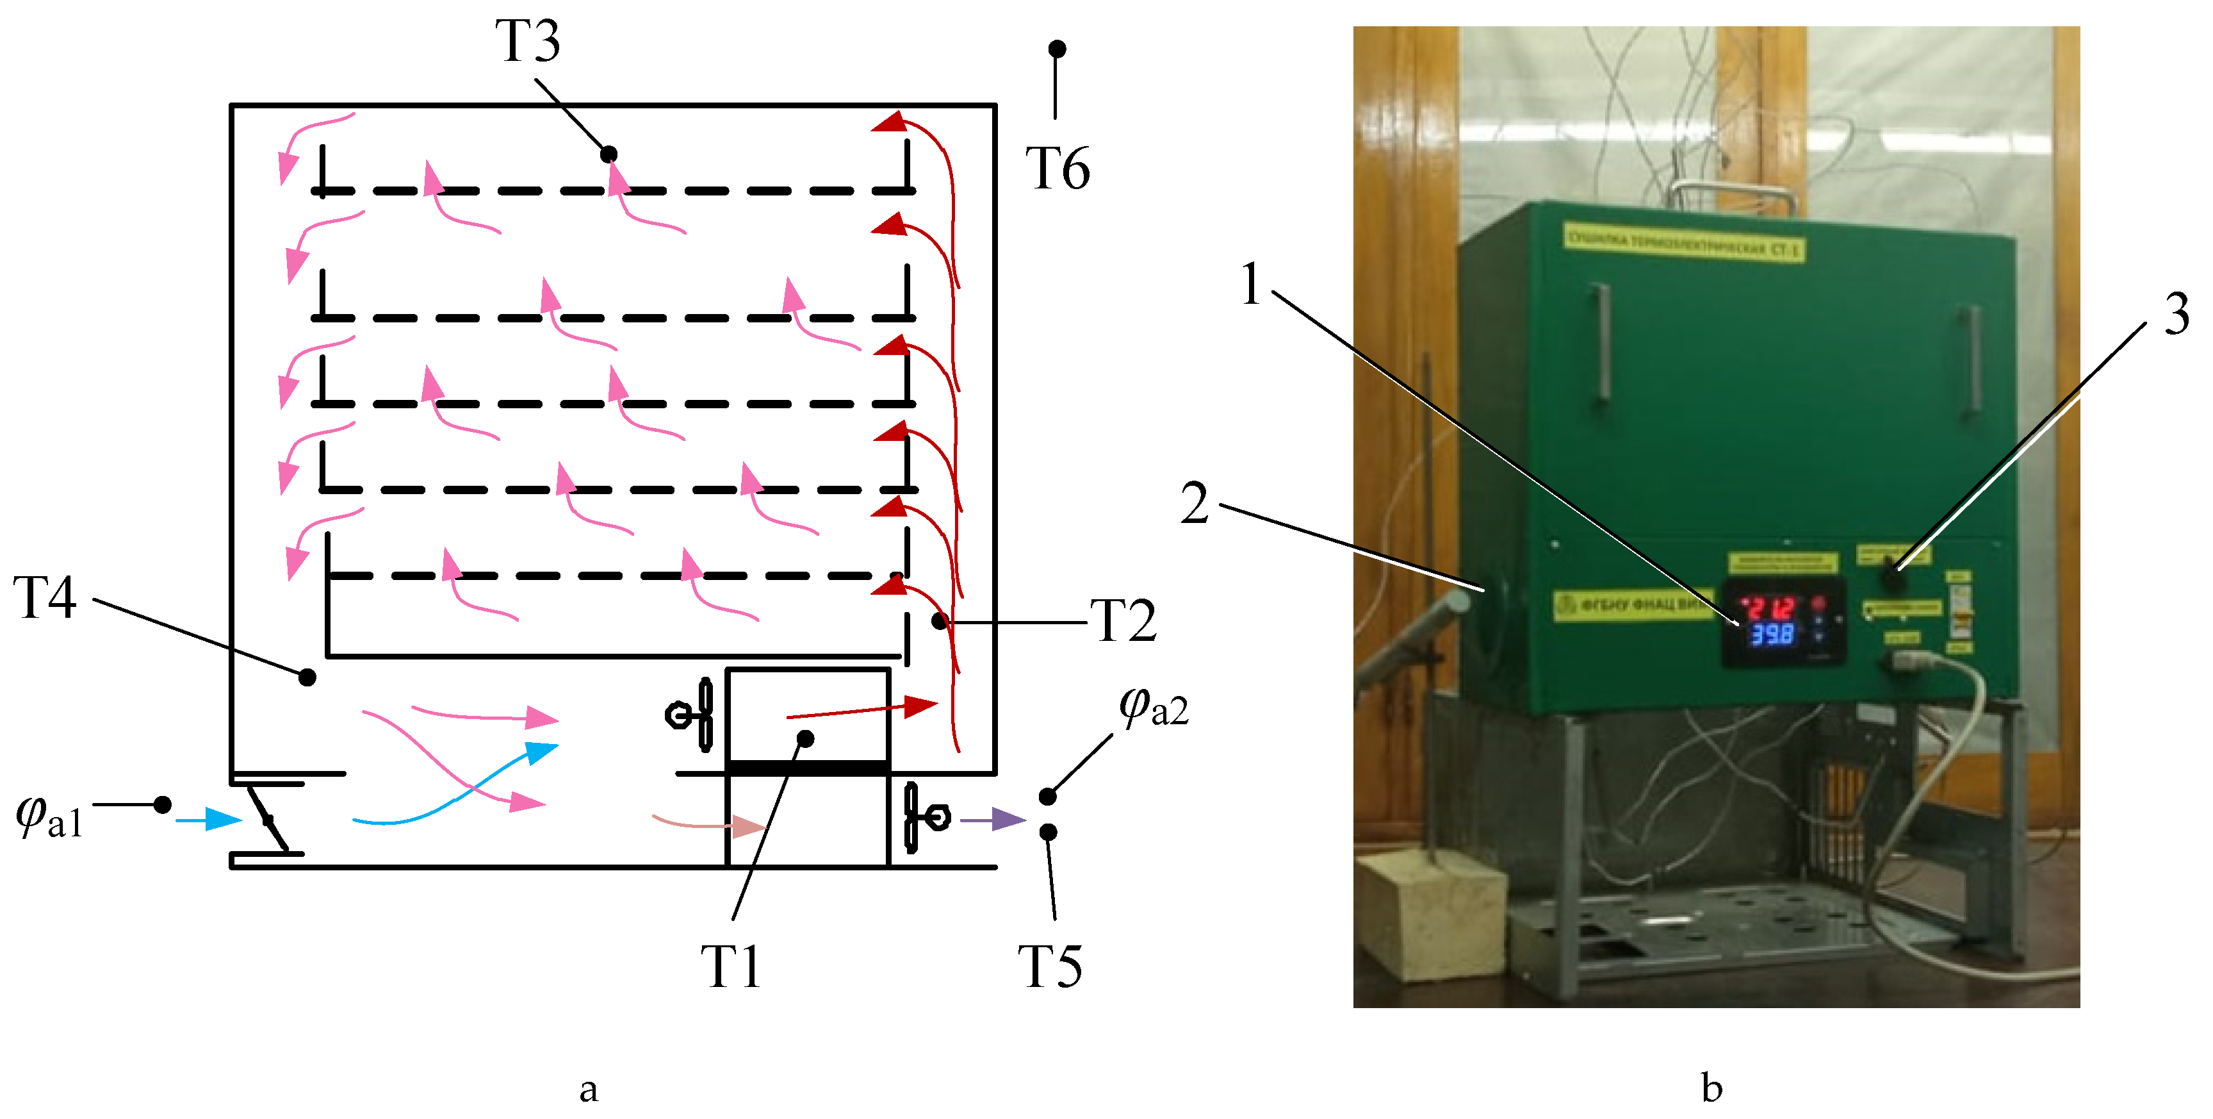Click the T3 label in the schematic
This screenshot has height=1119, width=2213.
click(x=528, y=41)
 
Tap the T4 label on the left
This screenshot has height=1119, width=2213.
click(x=45, y=597)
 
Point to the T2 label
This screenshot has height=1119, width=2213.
click(x=1123, y=620)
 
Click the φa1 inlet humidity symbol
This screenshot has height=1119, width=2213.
click(x=49, y=816)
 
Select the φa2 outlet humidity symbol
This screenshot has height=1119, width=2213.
click(x=1153, y=706)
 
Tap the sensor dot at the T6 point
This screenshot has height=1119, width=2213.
click(x=1058, y=49)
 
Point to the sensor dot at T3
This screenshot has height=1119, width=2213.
click(x=608, y=154)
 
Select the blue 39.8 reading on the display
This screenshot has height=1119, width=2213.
click(x=1772, y=635)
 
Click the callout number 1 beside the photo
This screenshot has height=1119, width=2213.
click(x=1251, y=285)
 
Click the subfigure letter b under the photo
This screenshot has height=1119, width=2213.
click(x=1711, y=1089)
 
